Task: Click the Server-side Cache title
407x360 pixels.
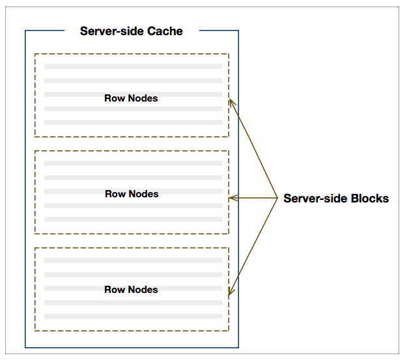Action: [x=131, y=31]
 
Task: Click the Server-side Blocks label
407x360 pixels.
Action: [x=335, y=199]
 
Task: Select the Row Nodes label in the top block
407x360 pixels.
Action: [x=131, y=98]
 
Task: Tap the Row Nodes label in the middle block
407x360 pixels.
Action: [x=132, y=194]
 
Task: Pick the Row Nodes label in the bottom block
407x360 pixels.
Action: [x=131, y=290]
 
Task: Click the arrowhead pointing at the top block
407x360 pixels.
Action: [x=231, y=102]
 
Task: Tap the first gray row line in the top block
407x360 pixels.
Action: [x=133, y=66]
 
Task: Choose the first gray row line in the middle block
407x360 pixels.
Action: [x=133, y=163]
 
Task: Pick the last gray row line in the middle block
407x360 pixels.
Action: [x=133, y=219]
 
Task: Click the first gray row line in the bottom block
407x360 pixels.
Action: [x=133, y=260]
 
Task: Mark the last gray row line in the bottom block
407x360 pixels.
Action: [x=133, y=316]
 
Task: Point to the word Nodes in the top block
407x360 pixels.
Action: [x=143, y=98]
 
